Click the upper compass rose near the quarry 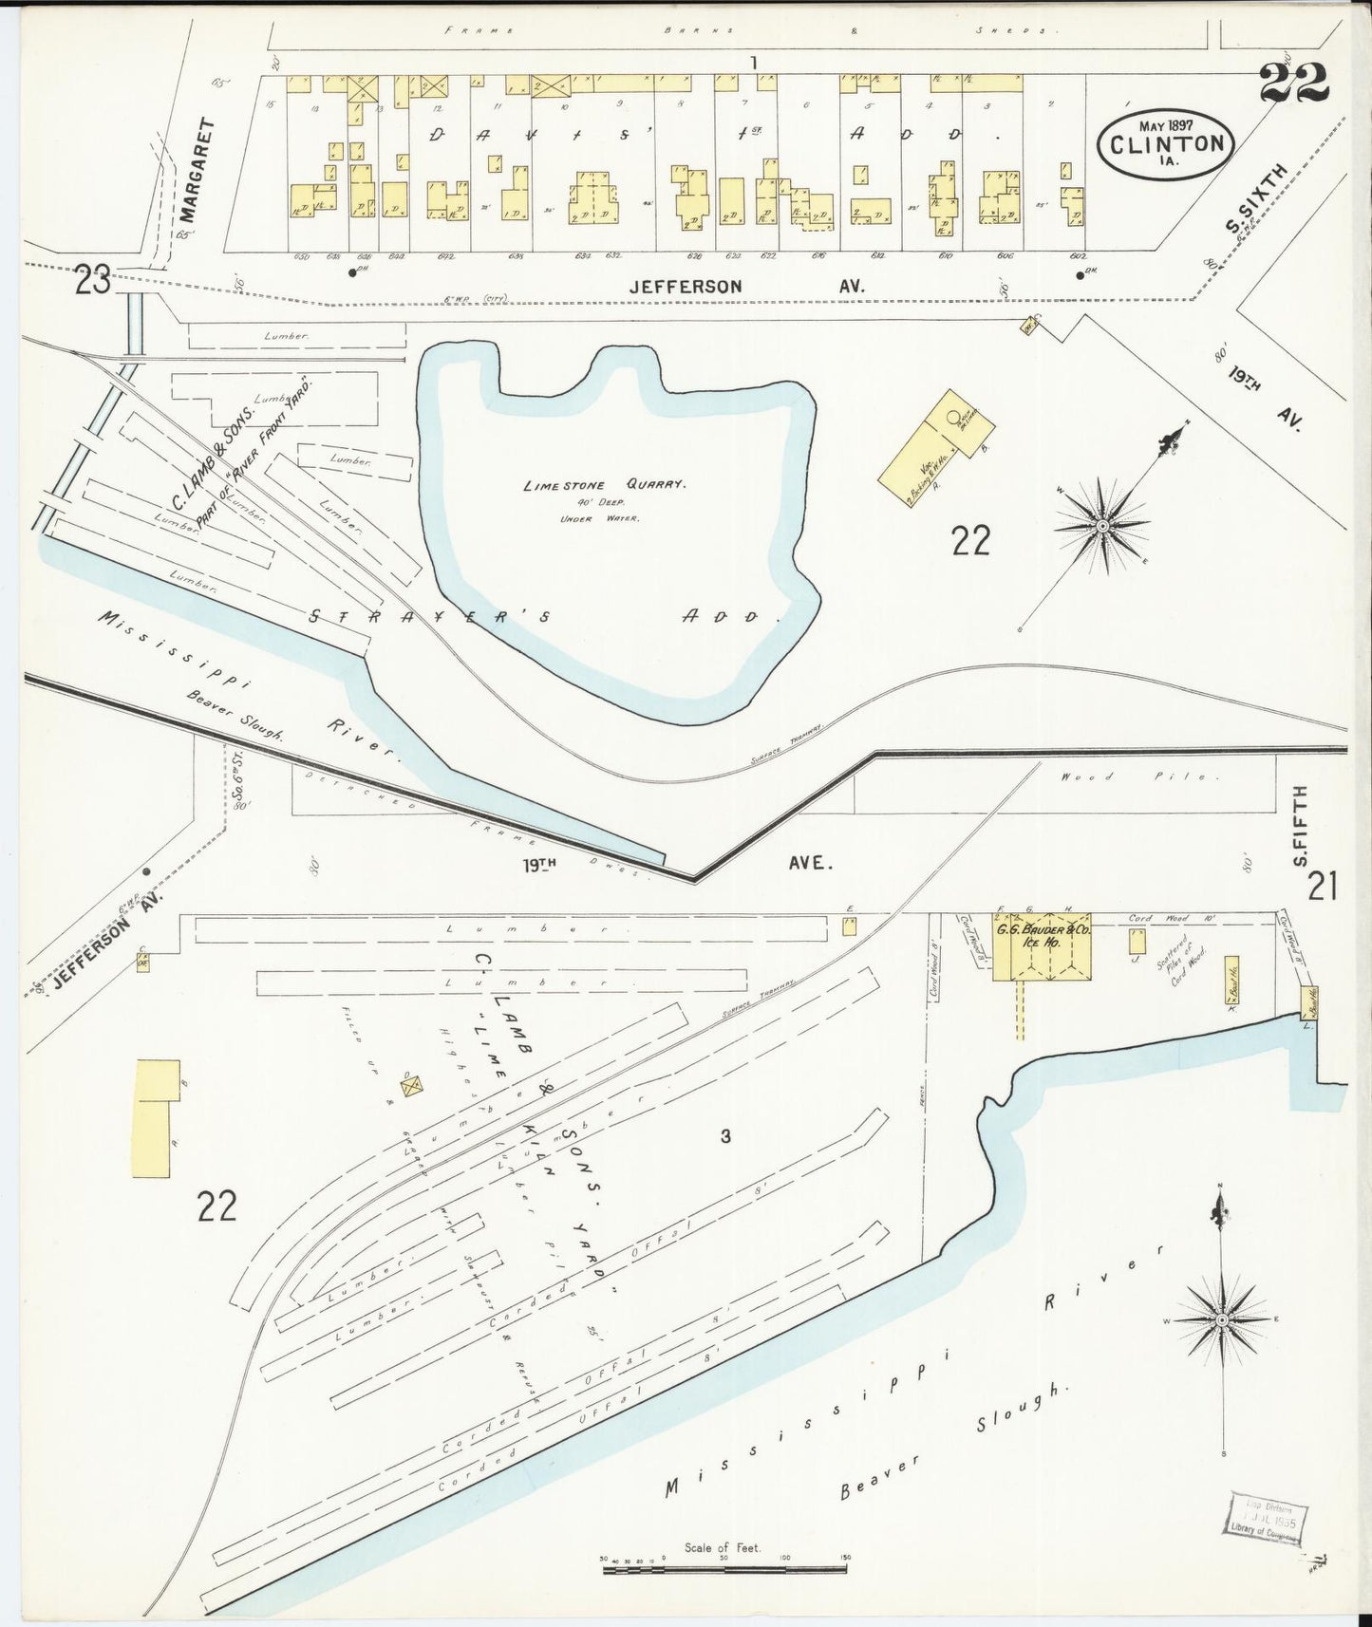[x=1102, y=524]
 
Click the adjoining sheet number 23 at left [x=94, y=283]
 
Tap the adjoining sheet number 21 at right [x=1322, y=887]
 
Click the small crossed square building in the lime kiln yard [x=411, y=1085]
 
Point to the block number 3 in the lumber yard [x=724, y=1136]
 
